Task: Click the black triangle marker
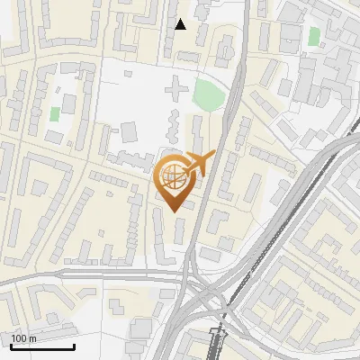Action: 181,24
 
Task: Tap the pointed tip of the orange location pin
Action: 174,211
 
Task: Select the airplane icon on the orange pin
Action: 197,163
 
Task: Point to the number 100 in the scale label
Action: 19,338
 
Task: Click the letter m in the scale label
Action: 31,338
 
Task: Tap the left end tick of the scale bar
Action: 11,346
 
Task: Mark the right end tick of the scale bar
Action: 74,346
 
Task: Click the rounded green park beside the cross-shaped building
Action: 209,93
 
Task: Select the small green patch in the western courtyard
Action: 55,114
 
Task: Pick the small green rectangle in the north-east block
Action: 313,37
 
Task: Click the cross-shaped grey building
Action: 176,89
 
